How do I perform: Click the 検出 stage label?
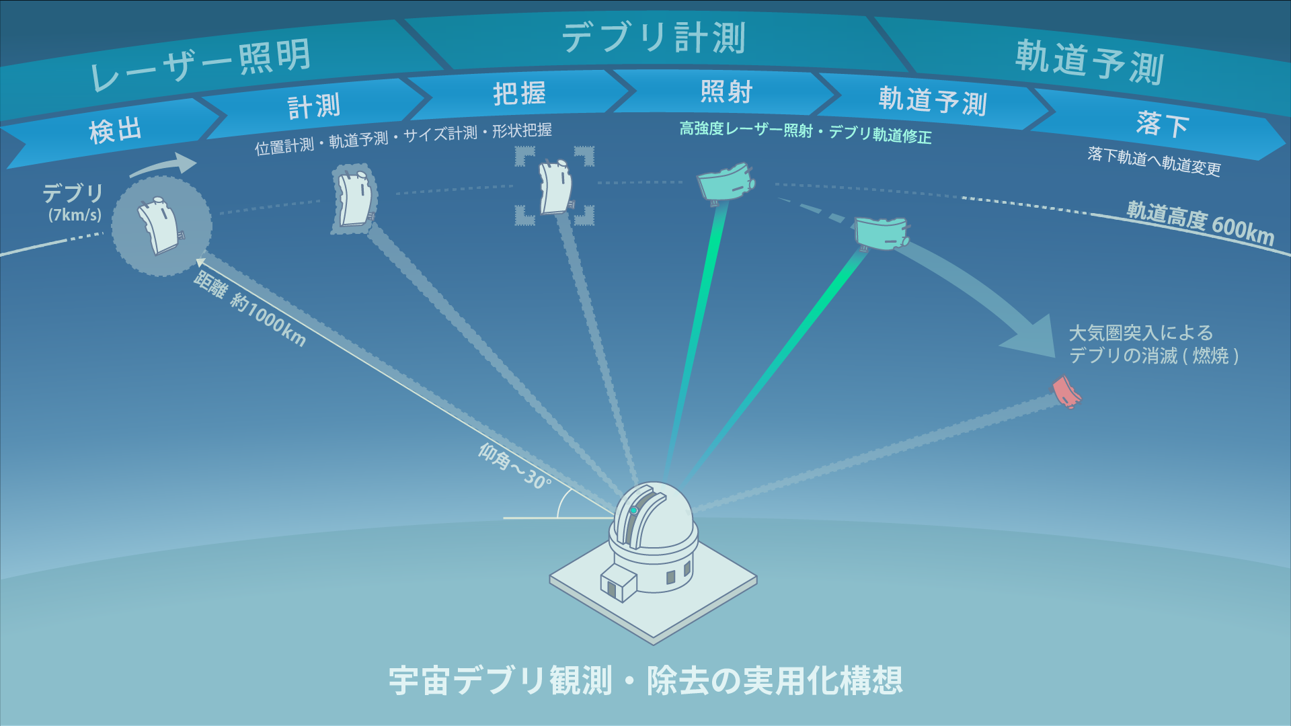pyautogui.click(x=116, y=130)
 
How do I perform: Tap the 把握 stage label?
pyautogui.click(x=519, y=93)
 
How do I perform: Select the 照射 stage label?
pyautogui.click(x=726, y=91)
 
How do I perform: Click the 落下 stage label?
pyautogui.click(x=1163, y=124)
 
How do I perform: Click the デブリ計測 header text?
pyautogui.click(x=654, y=37)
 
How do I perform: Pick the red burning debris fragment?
pyautogui.click(x=1065, y=392)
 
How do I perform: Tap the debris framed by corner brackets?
pyautogui.click(x=555, y=186)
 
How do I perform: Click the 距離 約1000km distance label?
pyautogui.click(x=249, y=310)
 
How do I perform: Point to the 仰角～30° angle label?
pyautogui.click(x=514, y=466)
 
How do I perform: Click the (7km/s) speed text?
pyautogui.click(x=75, y=215)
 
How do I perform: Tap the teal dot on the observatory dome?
pyautogui.click(x=633, y=511)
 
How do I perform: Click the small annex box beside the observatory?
pyautogui.click(x=618, y=581)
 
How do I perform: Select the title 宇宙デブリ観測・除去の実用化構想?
pyautogui.click(x=645, y=680)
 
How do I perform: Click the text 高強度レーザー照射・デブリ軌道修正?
pyautogui.click(x=805, y=132)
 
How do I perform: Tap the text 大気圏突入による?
pyautogui.click(x=1140, y=333)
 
